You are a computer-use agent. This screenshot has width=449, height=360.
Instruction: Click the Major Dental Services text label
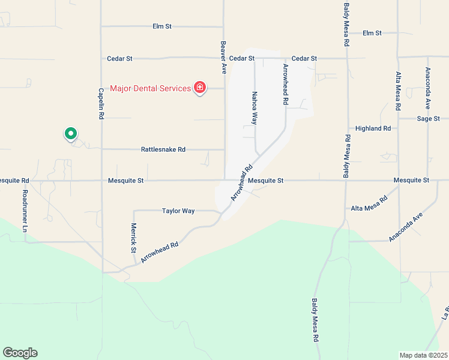[x=150, y=89]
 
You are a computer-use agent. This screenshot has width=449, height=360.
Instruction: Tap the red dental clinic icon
[x=200, y=89]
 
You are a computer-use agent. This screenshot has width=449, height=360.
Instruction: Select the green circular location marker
[x=71, y=134]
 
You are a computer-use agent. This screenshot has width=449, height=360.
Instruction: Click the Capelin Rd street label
[x=101, y=103]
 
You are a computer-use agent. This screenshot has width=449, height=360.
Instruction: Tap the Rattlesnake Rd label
[x=163, y=149]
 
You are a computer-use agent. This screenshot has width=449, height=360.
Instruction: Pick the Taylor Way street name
[x=178, y=211]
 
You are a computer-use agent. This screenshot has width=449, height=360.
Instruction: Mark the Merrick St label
[x=134, y=238]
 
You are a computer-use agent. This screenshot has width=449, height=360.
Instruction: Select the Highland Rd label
[x=373, y=128]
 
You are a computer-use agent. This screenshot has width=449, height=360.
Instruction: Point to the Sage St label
[x=429, y=119]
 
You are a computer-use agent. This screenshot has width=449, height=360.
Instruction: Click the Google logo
[x=20, y=353]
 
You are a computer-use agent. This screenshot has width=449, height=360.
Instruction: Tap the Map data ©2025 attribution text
[x=424, y=355]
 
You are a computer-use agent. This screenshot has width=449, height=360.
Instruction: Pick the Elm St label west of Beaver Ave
[x=163, y=26]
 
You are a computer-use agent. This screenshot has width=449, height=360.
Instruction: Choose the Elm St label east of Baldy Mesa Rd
[x=372, y=33]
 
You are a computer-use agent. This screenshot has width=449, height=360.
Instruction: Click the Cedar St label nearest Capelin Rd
[x=119, y=59]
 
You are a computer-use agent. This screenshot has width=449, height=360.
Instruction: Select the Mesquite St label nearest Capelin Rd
[x=126, y=180]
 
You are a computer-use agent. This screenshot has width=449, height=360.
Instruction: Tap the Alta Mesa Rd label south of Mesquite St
[x=366, y=208]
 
